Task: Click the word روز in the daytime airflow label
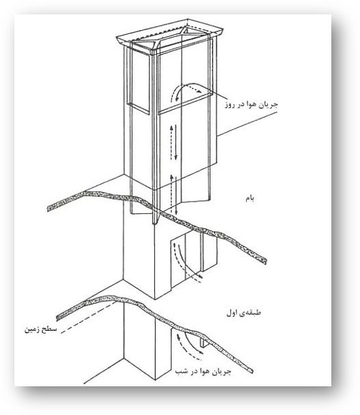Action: [x=231, y=105]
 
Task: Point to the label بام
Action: [x=249, y=198]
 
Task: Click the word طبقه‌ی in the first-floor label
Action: [x=251, y=313]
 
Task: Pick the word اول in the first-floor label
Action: [x=232, y=313]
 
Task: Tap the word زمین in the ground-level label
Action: [x=32, y=330]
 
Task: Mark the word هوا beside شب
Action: [x=202, y=371]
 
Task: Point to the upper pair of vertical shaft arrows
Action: [x=174, y=142]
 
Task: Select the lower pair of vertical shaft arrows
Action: [x=174, y=194]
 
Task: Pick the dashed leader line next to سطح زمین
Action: [x=89, y=317]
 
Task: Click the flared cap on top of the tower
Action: [x=169, y=36]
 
